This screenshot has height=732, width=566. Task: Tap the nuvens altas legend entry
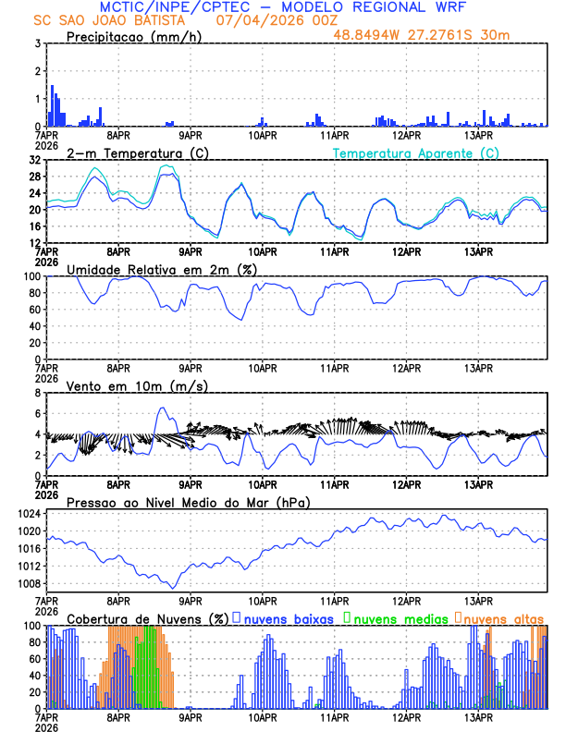(x=504, y=618)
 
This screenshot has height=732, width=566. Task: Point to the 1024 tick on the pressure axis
(x=30, y=513)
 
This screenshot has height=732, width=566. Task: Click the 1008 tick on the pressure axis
(x=30, y=583)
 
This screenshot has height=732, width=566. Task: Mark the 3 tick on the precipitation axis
(x=38, y=43)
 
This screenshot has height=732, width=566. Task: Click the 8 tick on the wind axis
(x=38, y=393)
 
